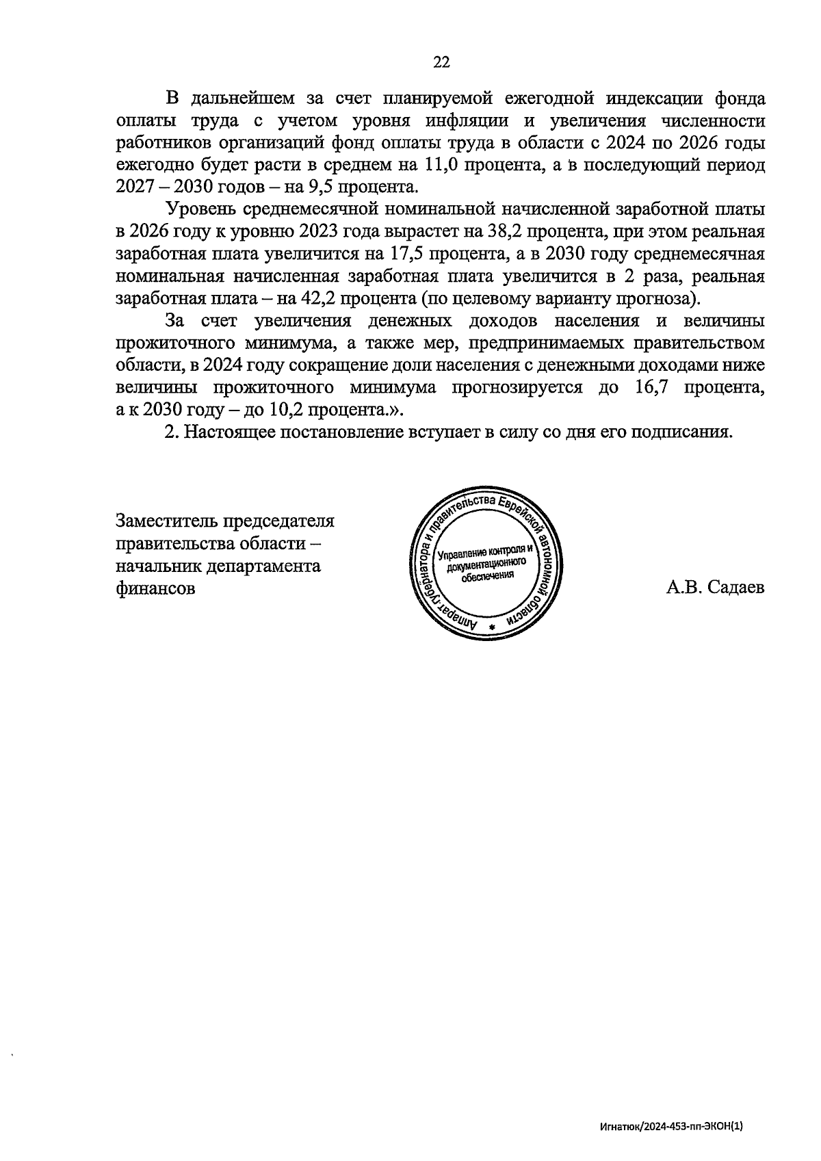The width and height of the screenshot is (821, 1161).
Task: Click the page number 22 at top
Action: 441,62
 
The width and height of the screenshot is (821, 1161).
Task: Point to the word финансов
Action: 156,588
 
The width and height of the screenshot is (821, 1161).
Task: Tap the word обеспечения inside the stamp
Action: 486,576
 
